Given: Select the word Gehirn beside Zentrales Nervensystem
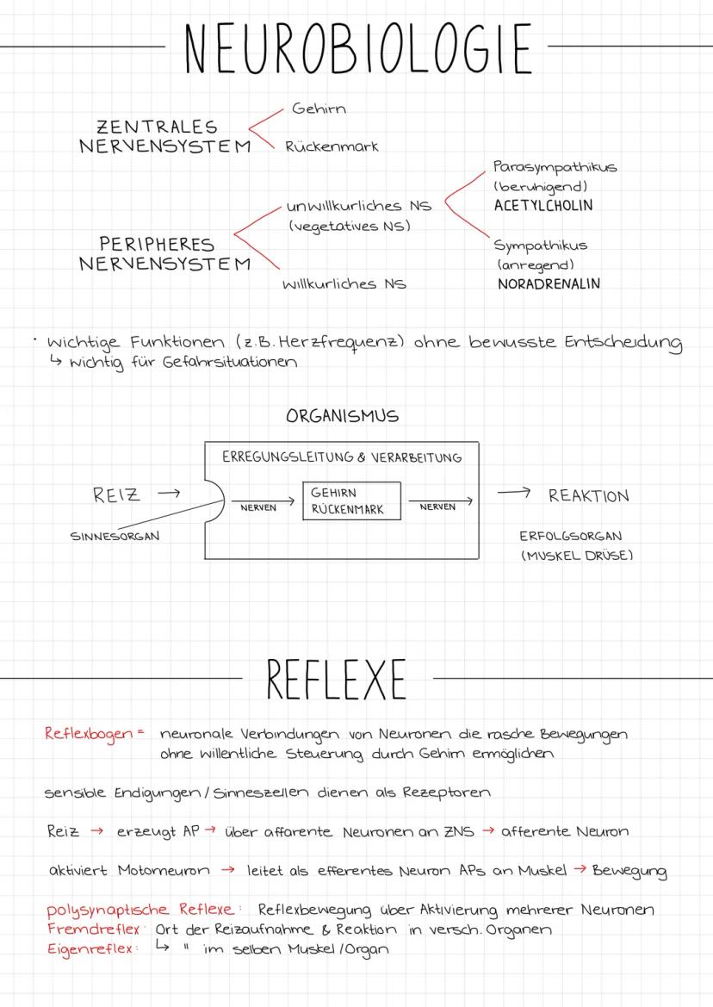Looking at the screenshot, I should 319,109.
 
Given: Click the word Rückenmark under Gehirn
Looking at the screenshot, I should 332,146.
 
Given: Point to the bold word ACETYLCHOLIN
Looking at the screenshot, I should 543,206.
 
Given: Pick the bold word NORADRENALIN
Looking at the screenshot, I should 549,283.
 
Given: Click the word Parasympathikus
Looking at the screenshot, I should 555,167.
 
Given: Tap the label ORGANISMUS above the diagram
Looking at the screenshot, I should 342,416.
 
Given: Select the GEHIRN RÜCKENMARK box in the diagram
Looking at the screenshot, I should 351,500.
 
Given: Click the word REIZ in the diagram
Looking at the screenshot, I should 116,495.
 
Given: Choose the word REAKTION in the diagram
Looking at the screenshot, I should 589,496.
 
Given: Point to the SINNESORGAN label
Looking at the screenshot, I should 115,536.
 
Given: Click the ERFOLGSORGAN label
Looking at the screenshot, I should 571,536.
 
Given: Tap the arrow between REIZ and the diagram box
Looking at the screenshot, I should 169,494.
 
